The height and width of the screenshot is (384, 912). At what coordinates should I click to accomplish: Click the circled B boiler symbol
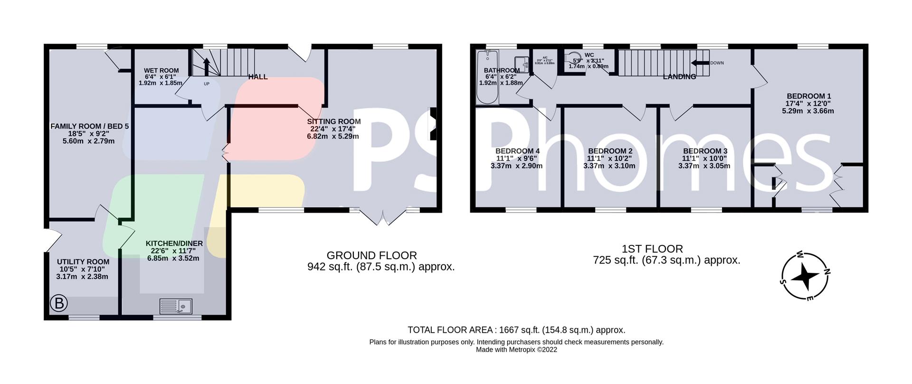tap(59, 303)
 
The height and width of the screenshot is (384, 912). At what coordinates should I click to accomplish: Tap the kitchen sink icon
tap(176, 306)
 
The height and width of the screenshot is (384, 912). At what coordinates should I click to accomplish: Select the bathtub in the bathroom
tap(487, 77)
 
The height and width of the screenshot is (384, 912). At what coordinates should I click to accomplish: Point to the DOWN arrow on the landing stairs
tap(700, 63)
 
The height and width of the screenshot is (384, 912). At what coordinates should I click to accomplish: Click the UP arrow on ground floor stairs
tap(206, 66)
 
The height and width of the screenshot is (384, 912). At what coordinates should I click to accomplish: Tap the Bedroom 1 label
tap(808, 95)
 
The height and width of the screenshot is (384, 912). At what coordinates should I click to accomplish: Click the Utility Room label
tap(83, 262)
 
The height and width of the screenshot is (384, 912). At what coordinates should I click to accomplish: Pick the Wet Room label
tap(161, 71)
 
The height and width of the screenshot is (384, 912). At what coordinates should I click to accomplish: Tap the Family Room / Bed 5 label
tap(89, 126)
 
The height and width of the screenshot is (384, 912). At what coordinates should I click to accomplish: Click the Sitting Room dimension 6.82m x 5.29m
tap(333, 137)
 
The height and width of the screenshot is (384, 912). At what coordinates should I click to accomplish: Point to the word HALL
tap(258, 77)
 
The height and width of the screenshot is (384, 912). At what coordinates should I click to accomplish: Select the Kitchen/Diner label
tap(174, 244)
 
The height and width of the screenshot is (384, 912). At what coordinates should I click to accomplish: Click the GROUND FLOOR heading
tap(371, 255)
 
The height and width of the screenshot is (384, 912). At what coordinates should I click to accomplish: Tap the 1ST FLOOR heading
tap(652, 249)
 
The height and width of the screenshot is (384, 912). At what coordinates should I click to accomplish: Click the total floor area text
tap(516, 330)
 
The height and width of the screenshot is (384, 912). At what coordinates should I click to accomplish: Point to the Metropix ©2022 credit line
tap(516, 350)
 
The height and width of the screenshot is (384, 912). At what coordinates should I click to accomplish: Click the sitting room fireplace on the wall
tap(433, 124)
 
